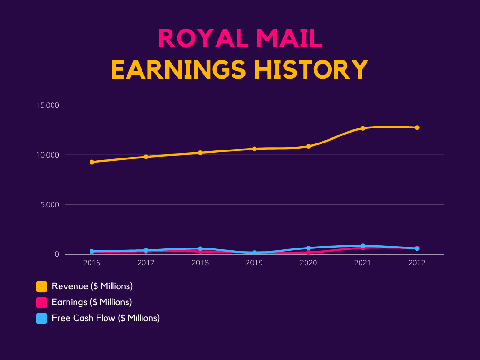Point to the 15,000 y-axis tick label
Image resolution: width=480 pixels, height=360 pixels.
click(x=47, y=105)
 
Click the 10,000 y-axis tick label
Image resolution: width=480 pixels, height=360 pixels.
click(x=47, y=155)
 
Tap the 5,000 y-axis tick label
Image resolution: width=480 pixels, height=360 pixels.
click(x=49, y=205)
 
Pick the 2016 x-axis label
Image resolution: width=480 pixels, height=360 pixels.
click(x=92, y=263)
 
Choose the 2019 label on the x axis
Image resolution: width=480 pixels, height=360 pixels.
click(x=255, y=263)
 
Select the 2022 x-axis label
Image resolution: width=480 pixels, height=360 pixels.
click(x=417, y=263)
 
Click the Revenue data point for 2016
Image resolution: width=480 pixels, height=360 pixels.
click(x=92, y=162)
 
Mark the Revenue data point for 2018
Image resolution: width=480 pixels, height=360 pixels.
click(x=200, y=153)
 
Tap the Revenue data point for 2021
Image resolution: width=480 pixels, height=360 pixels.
click(x=363, y=128)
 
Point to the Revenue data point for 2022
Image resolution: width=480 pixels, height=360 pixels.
click(x=417, y=127)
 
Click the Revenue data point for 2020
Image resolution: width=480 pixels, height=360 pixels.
click(x=308, y=146)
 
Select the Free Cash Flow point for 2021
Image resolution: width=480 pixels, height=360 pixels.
click(x=363, y=246)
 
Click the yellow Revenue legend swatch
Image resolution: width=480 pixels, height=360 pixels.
click(x=42, y=286)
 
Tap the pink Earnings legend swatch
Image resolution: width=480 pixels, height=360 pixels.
click(x=42, y=302)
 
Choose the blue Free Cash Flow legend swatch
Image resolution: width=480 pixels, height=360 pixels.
click(x=42, y=318)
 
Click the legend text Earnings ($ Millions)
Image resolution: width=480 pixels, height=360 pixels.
click(x=92, y=302)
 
